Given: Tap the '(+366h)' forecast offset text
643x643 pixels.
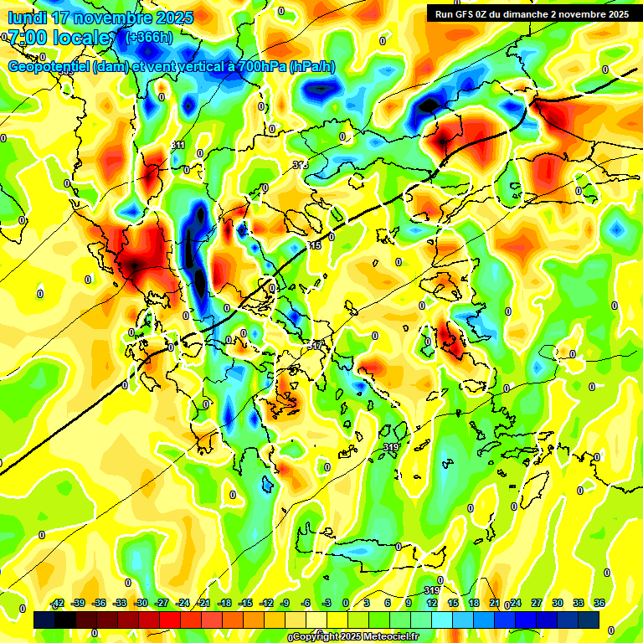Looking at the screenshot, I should point(149,37).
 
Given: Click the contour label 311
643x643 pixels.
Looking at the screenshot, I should point(178,145).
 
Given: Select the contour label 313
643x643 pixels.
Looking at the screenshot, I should point(300,166).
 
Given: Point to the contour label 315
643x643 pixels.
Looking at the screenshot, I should point(314,245).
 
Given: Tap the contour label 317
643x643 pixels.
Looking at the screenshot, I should point(315,345).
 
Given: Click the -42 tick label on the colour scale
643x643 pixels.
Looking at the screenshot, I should point(58,603).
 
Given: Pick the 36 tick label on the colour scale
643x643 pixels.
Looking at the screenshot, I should point(599,603).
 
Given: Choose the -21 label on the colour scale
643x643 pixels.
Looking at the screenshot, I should point(203,603).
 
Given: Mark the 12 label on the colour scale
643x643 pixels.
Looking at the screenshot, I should point(430,603).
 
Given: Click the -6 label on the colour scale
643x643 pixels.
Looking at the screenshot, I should point(306,603).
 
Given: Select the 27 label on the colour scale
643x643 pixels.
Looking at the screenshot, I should point(537,603).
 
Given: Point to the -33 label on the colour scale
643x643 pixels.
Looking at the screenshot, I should point(120,603).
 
